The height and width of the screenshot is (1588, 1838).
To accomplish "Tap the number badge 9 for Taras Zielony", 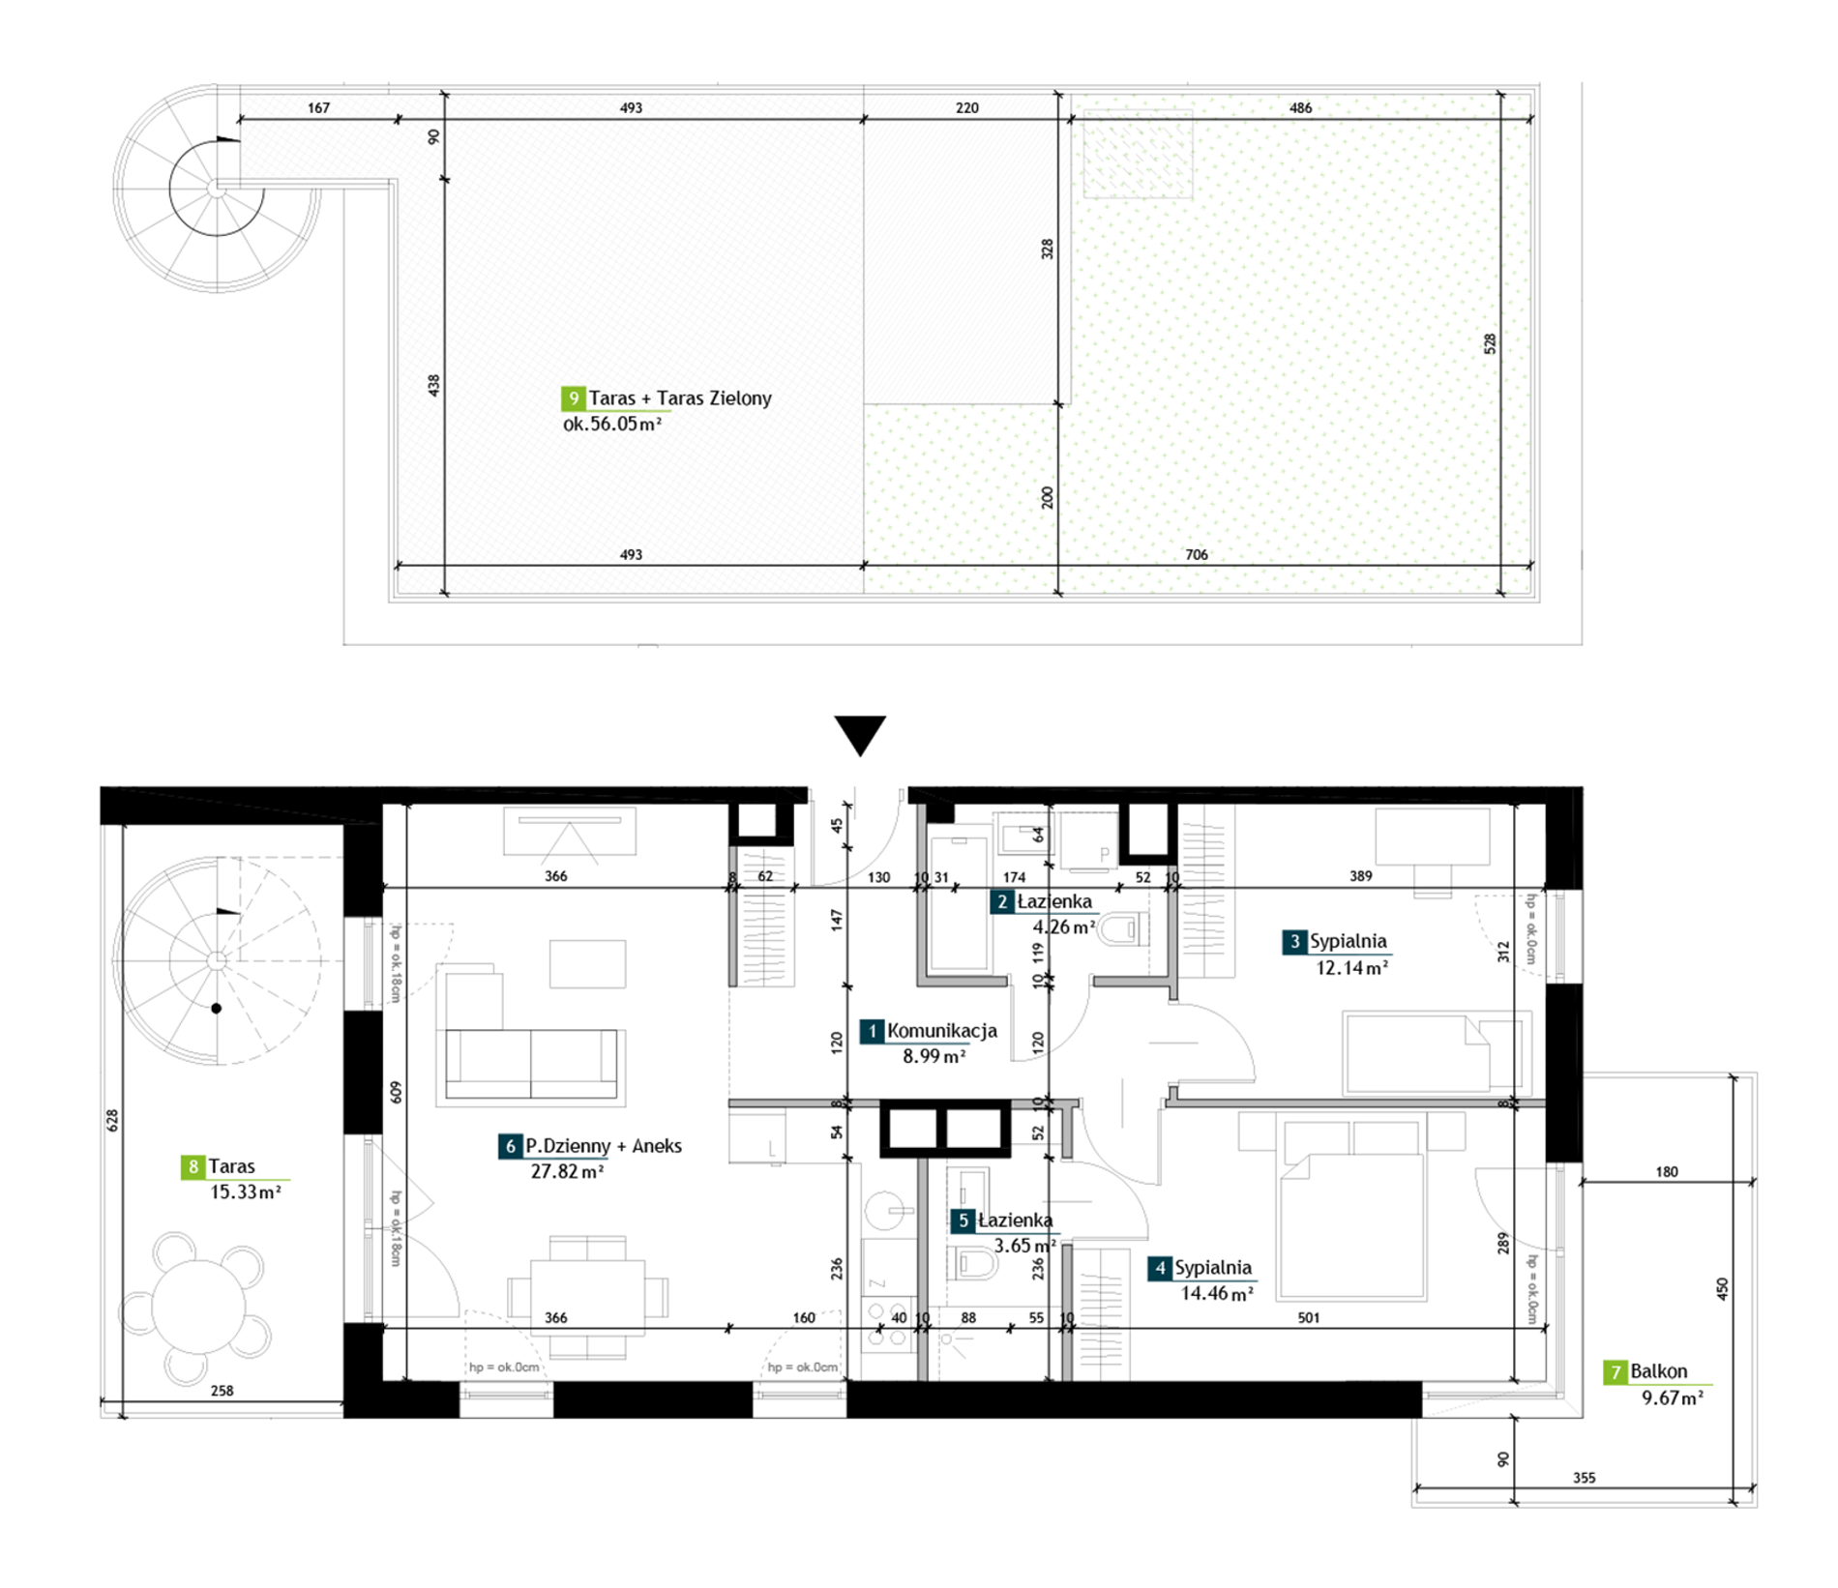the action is point(573,398).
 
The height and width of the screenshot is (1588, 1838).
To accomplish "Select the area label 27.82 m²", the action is point(567,1172).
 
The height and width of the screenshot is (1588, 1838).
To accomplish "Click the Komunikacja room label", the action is point(941,1031).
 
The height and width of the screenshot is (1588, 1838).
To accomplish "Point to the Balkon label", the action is point(1658,1371).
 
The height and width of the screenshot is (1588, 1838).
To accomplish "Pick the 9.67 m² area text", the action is point(1673,1397).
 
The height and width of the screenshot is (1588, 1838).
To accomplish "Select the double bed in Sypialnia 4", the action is point(1352,1209).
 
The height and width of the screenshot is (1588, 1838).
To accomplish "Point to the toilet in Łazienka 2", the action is point(1124,929).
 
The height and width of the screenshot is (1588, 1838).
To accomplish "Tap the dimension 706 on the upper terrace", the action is point(1197,555).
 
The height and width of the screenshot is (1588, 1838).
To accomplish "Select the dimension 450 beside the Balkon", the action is point(1721,1288).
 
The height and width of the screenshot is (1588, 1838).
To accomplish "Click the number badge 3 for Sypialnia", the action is point(1294,942).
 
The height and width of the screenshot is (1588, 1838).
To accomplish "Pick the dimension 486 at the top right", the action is point(1300,108).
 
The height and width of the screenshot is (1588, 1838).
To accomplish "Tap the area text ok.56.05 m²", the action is point(612,424).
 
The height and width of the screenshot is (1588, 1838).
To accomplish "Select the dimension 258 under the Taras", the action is point(222,1391).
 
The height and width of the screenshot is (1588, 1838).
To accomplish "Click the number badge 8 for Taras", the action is point(193,1167).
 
